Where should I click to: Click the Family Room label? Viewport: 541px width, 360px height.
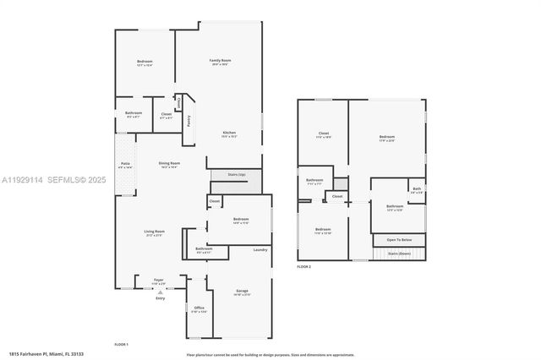coord(221,61)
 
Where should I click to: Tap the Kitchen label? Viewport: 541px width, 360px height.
coord(229,133)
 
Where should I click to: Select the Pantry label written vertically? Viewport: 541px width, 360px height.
coord(189,121)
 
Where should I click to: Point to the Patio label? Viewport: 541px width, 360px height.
coord(125,163)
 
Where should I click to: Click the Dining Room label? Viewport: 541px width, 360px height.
coord(169,163)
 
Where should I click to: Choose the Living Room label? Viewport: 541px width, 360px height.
coord(153,231)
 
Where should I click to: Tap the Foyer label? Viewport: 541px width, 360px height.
coord(158,280)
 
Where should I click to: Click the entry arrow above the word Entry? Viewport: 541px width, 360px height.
coord(159,291)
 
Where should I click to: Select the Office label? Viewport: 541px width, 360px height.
coord(199,308)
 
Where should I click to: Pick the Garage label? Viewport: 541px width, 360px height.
coord(242,291)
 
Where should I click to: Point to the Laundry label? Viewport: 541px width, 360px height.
coord(260,249)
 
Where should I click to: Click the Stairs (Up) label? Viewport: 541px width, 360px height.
coord(237,175)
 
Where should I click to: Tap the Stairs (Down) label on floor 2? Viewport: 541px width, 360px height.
coord(399,254)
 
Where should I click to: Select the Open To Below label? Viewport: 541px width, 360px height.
coord(399,239)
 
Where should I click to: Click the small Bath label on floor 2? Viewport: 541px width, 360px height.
coord(416,189)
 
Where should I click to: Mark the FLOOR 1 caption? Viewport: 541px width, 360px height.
coord(121,344)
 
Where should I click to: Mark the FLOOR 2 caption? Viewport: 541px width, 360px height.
coord(303,266)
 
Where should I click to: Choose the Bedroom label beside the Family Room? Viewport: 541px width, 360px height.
coord(145,62)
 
